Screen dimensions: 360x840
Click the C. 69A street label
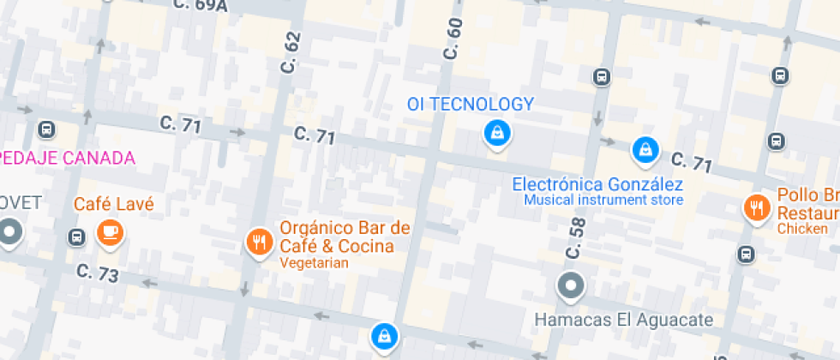(200, 6)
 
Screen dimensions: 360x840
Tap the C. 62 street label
(292, 52)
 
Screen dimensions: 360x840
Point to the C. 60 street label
(453, 39)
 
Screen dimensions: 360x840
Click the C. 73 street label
(97, 273)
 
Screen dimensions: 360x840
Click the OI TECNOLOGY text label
(470, 105)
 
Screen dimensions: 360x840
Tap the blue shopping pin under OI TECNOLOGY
(495, 133)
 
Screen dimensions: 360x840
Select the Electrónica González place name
(597, 184)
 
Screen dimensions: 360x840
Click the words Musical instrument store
(603, 201)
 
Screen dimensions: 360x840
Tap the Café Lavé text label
(114, 204)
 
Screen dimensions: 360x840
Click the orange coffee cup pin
(110, 232)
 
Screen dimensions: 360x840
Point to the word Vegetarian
(314, 263)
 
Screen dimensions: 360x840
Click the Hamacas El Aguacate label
(623, 320)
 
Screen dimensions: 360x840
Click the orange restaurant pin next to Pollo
(756, 207)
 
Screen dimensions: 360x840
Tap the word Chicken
(802, 229)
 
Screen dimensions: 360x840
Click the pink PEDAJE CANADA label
(68, 158)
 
